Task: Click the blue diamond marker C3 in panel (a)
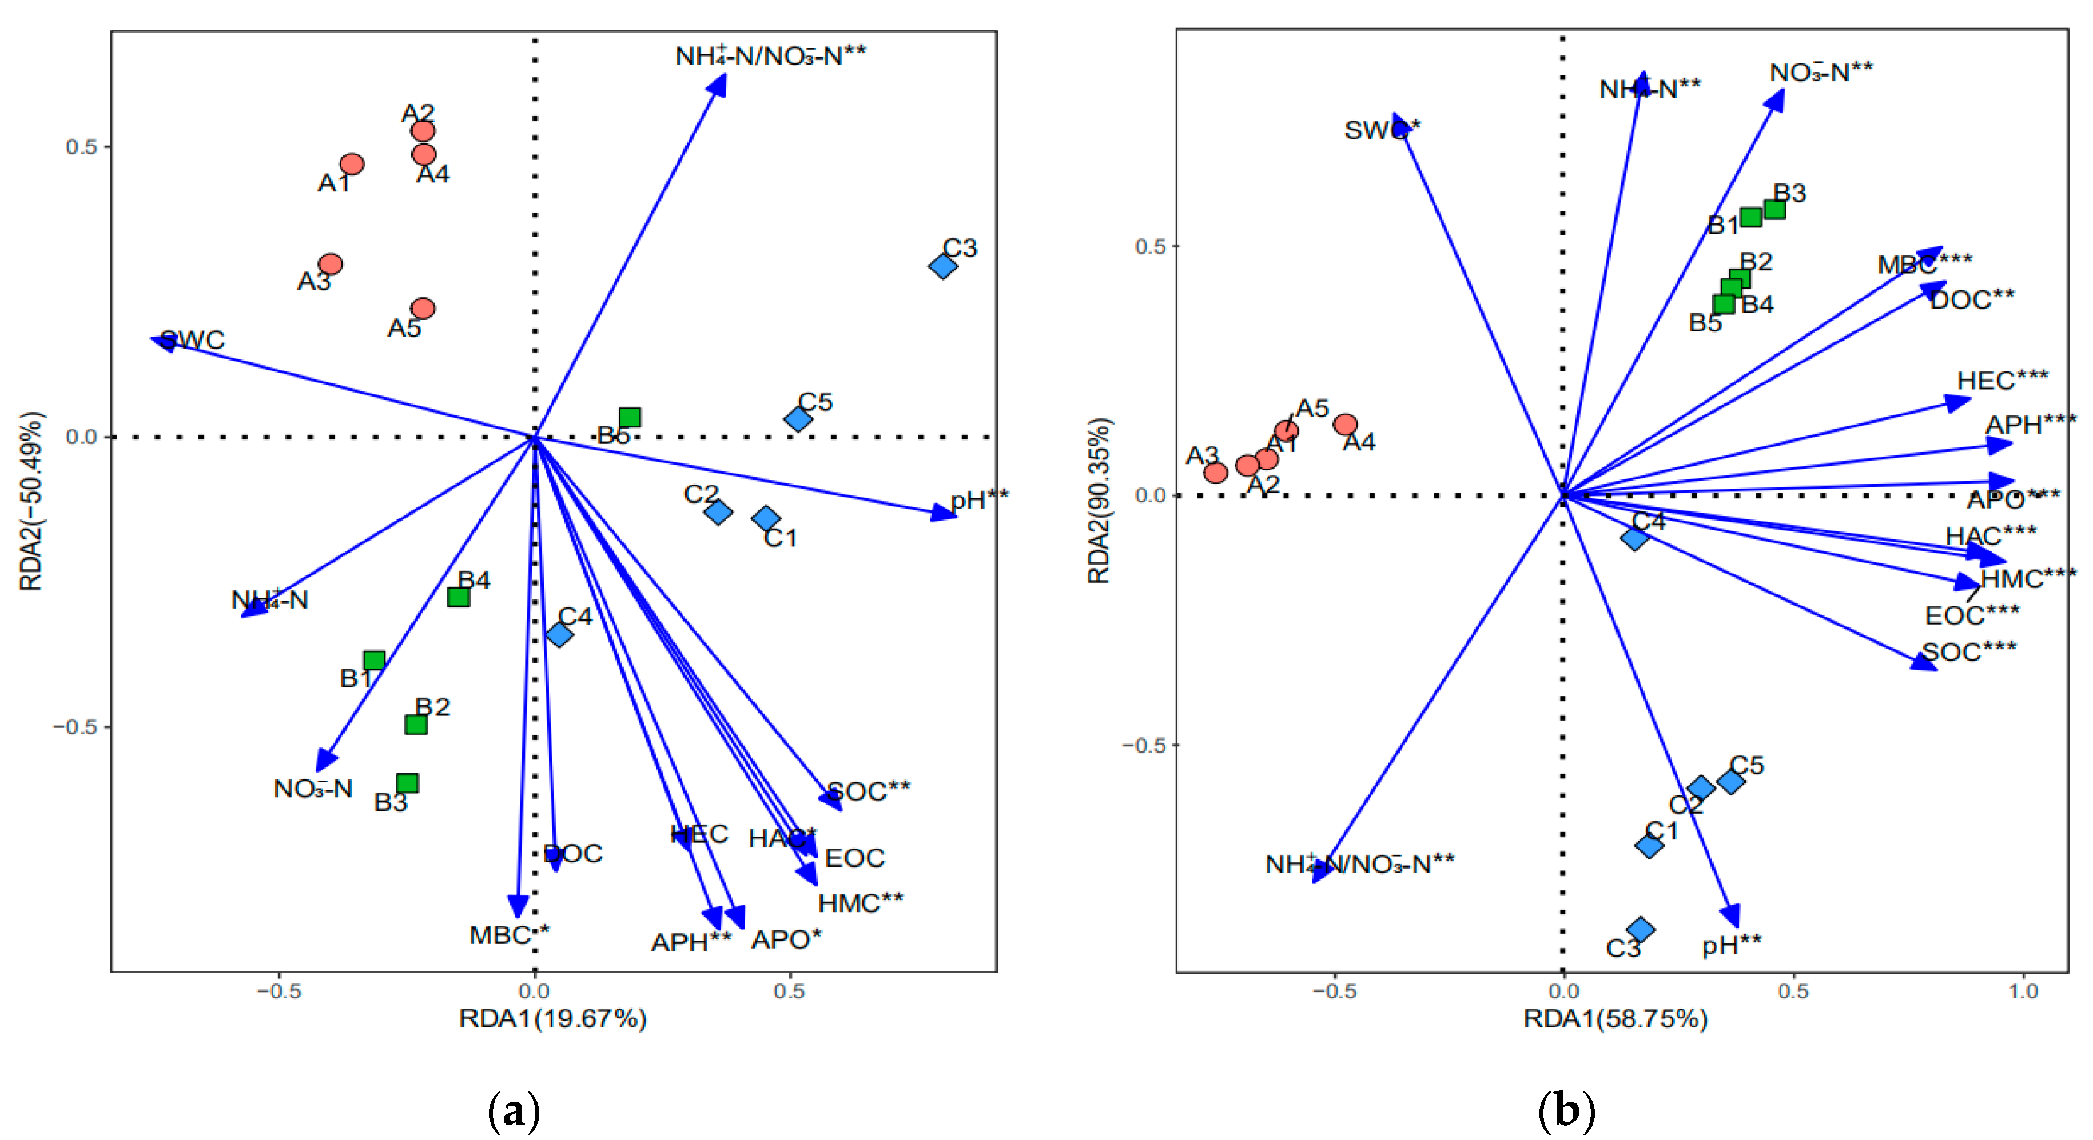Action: (x=942, y=266)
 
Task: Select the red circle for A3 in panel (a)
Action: (x=331, y=264)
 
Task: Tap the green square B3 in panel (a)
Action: (x=407, y=783)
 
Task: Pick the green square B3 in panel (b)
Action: (x=1774, y=210)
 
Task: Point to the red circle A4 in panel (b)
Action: (x=1346, y=424)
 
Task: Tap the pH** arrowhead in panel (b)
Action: (x=1732, y=916)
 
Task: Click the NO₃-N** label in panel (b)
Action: (x=1821, y=73)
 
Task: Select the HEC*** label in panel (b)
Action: (x=2002, y=381)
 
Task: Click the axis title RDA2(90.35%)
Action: (x=1099, y=501)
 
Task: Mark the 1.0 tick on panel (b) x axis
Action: (x=2023, y=991)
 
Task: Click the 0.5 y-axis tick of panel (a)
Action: (x=81, y=147)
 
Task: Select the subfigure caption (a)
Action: (x=514, y=1111)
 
